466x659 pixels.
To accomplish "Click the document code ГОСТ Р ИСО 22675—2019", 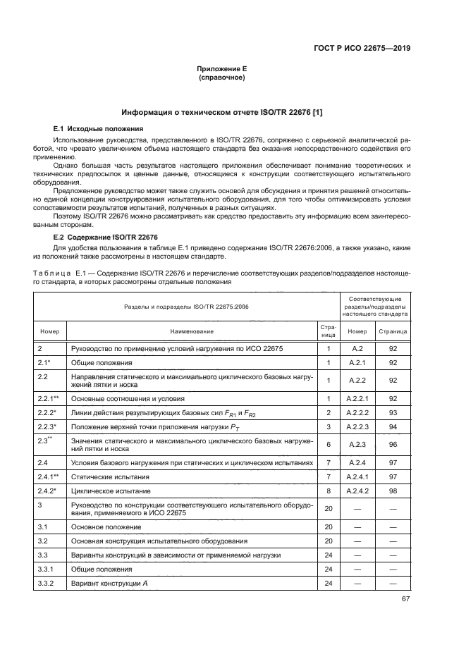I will pos(361,49).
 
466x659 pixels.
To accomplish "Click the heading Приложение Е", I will pos(222,69).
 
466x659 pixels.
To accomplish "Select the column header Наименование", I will pos(190,330).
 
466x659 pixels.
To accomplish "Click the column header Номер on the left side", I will pos(50,330).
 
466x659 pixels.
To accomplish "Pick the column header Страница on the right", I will pos(392,330).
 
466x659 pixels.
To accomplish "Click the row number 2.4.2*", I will pos(47,489).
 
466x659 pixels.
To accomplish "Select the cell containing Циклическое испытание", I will pos(102,489).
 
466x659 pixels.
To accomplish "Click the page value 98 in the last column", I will pos(392,489).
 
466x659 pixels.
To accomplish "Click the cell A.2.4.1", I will pos(357,476).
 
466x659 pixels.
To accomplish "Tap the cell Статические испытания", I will pos(104,476).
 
